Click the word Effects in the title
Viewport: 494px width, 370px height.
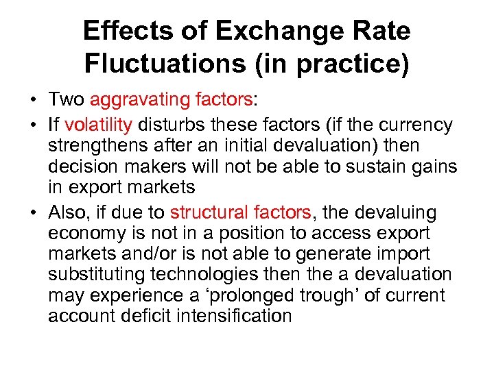(x=122, y=32)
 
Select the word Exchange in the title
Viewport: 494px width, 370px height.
(x=267, y=32)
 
